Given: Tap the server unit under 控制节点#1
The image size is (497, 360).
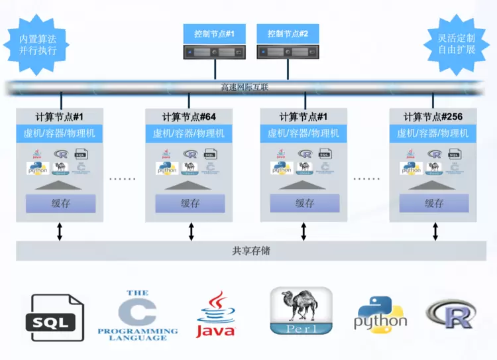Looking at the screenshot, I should pyautogui.click(x=213, y=52).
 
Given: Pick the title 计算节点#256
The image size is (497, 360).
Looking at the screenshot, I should pyautogui.click(x=433, y=117).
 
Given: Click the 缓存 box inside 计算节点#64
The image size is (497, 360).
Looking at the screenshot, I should pyautogui.click(x=190, y=204).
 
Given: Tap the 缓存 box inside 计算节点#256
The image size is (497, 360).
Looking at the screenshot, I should pyautogui.click(x=434, y=204).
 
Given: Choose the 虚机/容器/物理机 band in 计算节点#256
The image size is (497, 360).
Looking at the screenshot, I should pyautogui.click(x=433, y=133).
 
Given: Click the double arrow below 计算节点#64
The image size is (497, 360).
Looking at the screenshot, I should pyautogui.click(x=191, y=231).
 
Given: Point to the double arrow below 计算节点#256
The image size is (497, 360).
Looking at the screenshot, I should pyautogui.click(x=435, y=231).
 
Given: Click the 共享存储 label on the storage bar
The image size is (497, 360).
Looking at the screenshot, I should pyautogui.click(x=250, y=251).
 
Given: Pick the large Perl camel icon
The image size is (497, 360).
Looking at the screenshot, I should pyautogui.click(x=301, y=310).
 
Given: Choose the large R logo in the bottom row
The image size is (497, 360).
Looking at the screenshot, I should pyautogui.click(x=451, y=314).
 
